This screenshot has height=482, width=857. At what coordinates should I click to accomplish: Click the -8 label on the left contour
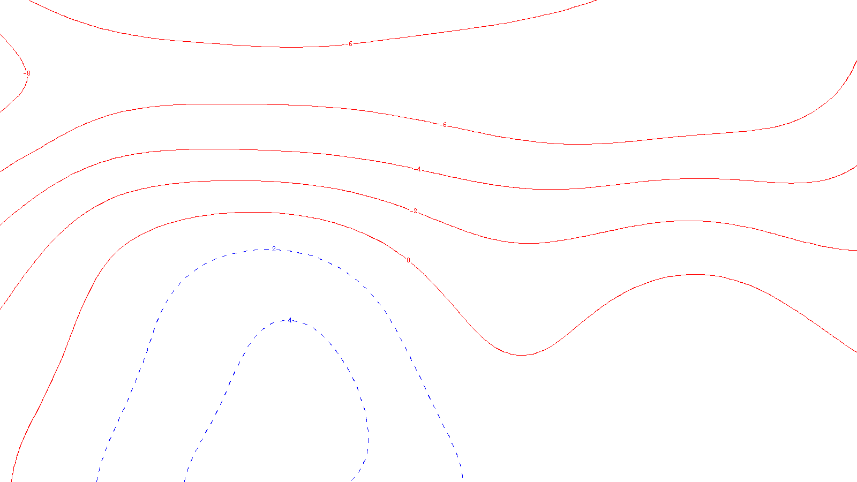(27, 73)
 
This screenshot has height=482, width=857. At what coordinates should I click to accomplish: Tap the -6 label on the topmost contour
(349, 44)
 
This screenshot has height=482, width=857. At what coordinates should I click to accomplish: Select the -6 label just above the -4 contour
(443, 125)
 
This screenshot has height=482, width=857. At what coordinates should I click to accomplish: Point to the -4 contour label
(418, 170)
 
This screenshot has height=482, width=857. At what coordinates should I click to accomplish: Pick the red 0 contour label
(408, 260)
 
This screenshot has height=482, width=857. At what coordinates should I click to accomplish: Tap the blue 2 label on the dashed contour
(274, 249)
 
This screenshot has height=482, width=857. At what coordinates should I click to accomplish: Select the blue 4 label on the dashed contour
(290, 320)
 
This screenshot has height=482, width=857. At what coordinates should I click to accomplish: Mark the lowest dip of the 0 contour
(521, 355)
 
